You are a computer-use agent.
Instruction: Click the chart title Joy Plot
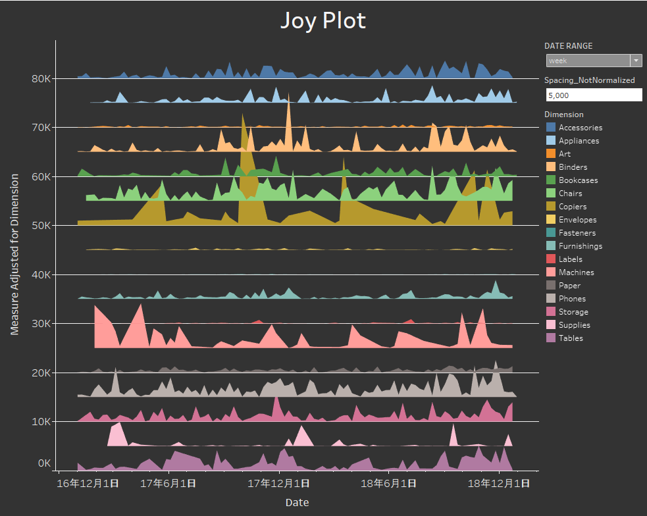point(323,20)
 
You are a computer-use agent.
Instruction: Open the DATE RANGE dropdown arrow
point(636,61)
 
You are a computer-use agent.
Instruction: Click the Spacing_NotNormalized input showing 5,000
point(593,95)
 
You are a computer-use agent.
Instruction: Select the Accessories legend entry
point(580,128)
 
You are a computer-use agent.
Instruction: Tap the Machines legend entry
point(576,272)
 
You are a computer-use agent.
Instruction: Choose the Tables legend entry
point(570,338)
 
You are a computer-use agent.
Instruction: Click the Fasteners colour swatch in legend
point(551,233)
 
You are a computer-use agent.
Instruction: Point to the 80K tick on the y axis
point(40,78)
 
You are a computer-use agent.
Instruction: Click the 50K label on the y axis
point(40,225)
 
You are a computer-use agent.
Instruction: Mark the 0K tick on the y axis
point(44,463)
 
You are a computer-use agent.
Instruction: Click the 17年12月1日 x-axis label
point(278,484)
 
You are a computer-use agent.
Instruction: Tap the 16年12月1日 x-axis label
point(88,484)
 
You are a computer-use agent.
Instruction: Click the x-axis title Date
point(297,503)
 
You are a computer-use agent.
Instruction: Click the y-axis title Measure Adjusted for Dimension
point(14,254)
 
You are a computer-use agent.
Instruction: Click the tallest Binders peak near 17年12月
point(288,95)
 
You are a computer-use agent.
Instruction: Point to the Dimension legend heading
point(563,115)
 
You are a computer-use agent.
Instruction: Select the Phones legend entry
point(572,299)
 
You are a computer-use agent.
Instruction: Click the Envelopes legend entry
point(577,220)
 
